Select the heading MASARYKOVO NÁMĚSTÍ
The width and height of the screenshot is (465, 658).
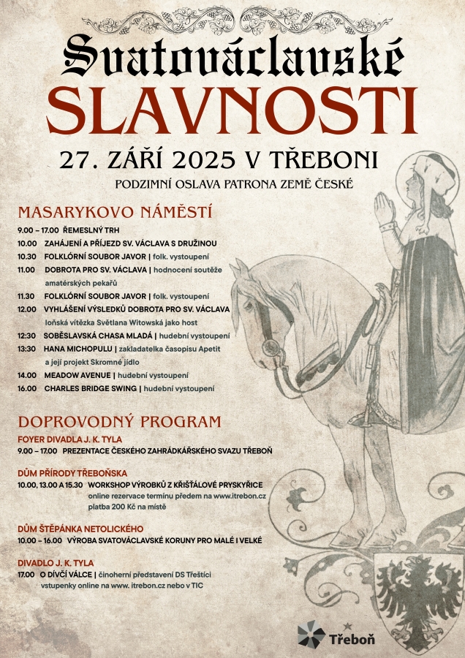pyautogui.click(x=115, y=213)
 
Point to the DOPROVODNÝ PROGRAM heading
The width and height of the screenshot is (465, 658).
pyautogui.click(x=119, y=422)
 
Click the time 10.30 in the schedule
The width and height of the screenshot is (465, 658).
pyautogui.click(x=27, y=257)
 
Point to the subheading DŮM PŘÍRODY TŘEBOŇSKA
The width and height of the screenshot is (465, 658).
pyautogui.click(x=72, y=473)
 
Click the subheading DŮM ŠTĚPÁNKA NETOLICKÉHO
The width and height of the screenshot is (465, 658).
pyautogui.click(x=80, y=529)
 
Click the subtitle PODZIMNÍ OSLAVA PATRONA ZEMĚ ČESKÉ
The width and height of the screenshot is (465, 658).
pyautogui.click(x=234, y=184)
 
